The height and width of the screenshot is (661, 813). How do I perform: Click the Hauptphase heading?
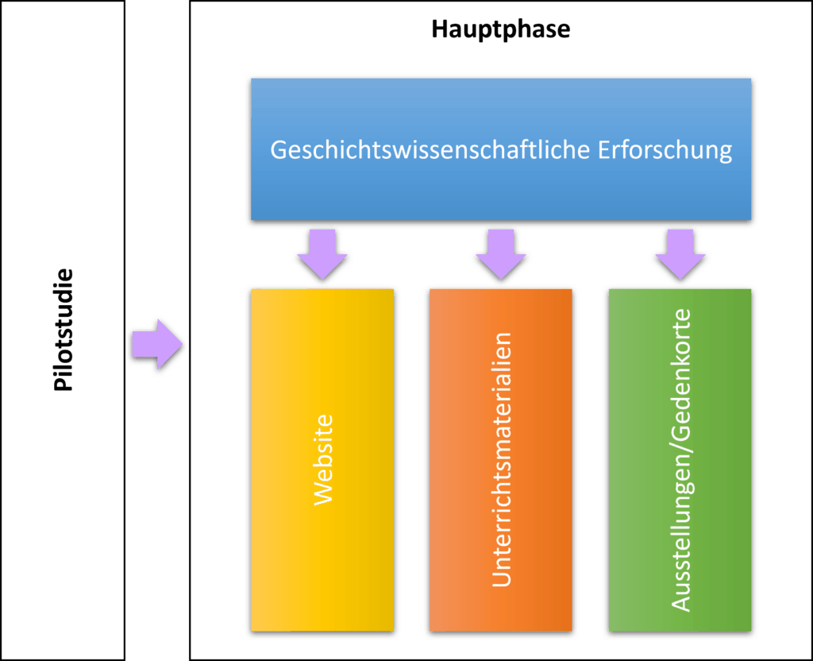(x=501, y=30)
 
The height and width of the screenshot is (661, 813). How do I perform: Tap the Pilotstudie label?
(x=64, y=330)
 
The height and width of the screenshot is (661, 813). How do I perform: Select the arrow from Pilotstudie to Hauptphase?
(x=157, y=344)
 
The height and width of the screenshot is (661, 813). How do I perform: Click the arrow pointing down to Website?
(x=322, y=254)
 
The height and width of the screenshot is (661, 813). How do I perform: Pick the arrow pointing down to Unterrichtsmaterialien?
(x=500, y=254)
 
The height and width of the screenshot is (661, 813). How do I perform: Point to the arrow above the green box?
(x=680, y=254)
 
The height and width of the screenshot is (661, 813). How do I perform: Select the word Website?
(x=322, y=459)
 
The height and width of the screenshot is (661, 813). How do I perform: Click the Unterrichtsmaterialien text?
(x=501, y=459)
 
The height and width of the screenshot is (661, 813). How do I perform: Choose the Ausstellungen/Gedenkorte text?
(x=680, y=459)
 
